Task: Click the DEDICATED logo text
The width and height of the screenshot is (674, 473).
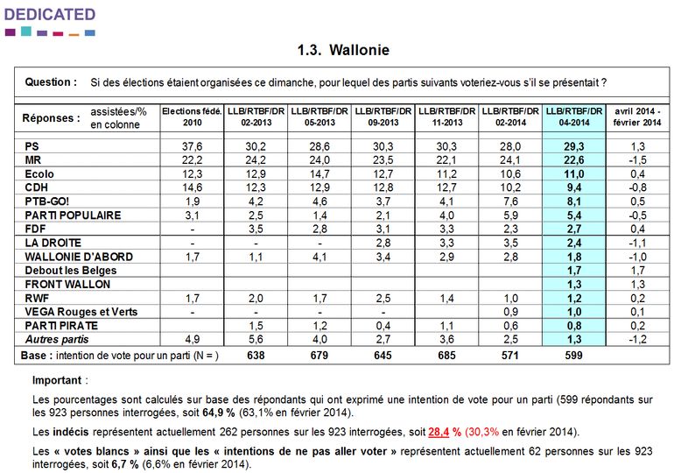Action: click(50, 14)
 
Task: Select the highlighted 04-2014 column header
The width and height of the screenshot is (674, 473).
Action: click(573, 117)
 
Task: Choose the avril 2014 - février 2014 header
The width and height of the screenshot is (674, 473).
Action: click(635, 117)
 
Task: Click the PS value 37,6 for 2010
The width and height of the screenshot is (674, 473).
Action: click(192, 146)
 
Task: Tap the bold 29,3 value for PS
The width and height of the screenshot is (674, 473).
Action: click(573, 146)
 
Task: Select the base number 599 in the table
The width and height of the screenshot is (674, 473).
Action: click(573, 356)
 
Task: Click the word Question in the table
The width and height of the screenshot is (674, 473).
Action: click(51, 82)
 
